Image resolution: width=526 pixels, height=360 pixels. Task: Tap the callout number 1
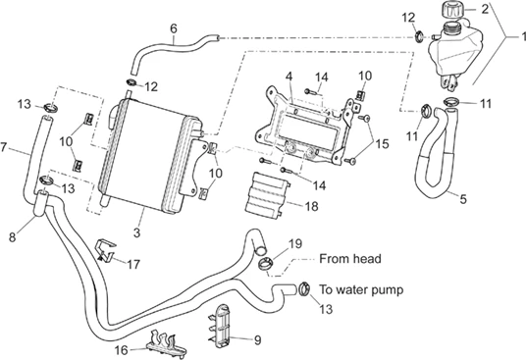[523, 36]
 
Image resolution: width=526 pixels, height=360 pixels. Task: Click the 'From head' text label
[350, 259]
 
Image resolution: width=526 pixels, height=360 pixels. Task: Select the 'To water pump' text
[361, 289]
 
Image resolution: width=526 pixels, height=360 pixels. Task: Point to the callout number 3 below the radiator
[136, 232]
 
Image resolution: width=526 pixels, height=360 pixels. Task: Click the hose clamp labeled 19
[266, 265]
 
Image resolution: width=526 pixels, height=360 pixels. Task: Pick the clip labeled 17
[106, 251]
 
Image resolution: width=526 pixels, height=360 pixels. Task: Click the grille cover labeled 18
[267, 196]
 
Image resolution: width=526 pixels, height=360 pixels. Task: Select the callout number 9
[258, 340]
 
